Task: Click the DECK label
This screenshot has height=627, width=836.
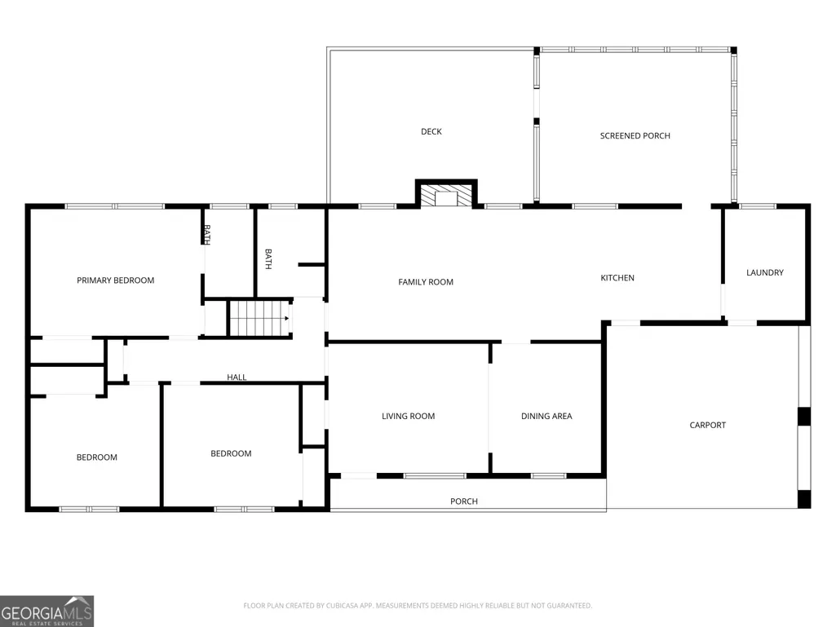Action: [431, 132]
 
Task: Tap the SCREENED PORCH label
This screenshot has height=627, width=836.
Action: [635, 136]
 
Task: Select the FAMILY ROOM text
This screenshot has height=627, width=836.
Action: [426, 282]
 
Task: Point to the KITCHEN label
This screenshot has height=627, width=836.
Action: [617, 278]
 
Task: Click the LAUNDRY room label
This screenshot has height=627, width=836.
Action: [765, 272]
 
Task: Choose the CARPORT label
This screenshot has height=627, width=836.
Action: [707, 425]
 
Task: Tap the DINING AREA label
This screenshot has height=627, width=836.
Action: [546, 416]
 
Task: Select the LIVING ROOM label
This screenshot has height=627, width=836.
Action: [409, 416]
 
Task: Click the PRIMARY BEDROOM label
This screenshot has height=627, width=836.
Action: [116, 280]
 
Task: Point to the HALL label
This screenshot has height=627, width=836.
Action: [237, 377]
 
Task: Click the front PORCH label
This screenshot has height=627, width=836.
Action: [464, 501]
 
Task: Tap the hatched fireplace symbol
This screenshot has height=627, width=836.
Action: [446, 195]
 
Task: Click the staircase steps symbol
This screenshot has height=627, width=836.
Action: [259, 318]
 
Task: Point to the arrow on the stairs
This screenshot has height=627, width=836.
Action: [286, 318]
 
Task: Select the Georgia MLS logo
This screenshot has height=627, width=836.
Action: [47, 612]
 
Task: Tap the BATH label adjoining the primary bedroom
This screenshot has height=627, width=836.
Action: [207, 235]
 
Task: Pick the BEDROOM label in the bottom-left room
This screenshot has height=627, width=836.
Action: [96, 457]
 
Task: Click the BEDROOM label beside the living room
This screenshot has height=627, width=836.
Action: [231, 453]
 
